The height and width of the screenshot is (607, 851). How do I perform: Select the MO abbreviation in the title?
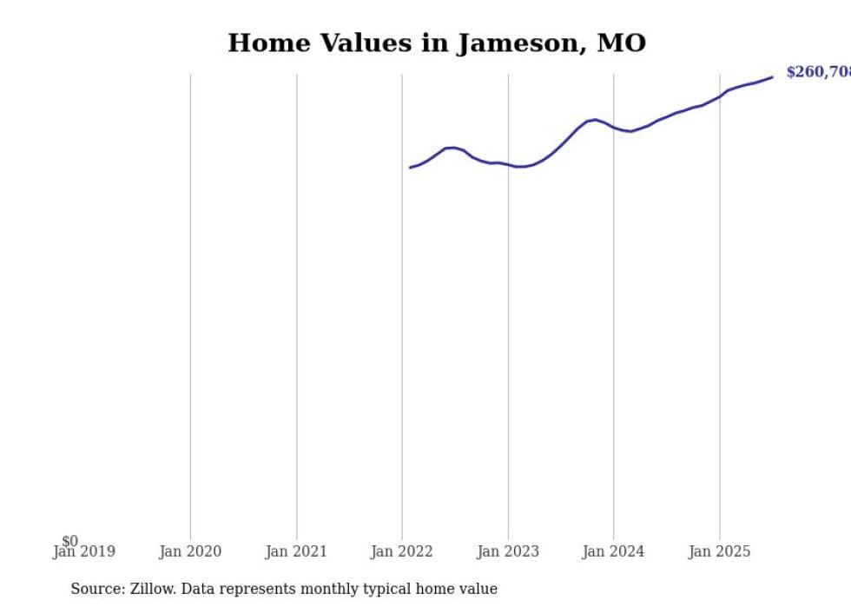click(622, 43)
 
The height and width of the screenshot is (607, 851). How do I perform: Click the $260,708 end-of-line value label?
click(818, 72)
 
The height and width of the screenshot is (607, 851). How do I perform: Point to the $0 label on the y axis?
click(69, 541)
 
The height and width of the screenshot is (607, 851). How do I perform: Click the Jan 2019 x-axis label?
click(83, 551)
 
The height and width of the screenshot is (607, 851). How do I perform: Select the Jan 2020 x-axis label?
click(190, 551)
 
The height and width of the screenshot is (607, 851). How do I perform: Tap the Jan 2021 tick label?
click(296, 551)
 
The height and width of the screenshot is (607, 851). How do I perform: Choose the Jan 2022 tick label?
click(402, 551)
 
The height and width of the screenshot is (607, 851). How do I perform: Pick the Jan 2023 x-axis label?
click(508, 551)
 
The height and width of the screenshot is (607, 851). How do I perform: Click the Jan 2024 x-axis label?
click(614, 551)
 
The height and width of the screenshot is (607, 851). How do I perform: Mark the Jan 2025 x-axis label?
click(720, 551)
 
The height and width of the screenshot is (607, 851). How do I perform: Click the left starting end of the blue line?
click(411, 168)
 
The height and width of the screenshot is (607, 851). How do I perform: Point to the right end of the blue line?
click(772, 77)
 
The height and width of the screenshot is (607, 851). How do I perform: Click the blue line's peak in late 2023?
click(595, 120)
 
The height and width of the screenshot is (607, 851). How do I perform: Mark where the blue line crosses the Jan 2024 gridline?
click(614, 128)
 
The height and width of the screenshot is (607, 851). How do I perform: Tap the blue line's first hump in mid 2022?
click(451, 148)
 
